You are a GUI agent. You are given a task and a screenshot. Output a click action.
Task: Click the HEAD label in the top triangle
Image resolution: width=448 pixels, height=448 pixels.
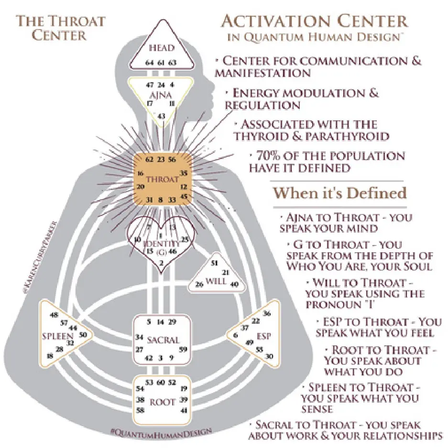click(161, 48)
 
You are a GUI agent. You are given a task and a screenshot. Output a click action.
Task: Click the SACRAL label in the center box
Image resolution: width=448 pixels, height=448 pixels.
click(163, 340)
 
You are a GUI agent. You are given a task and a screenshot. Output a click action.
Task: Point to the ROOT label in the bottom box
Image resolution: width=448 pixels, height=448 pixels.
click(163, 402)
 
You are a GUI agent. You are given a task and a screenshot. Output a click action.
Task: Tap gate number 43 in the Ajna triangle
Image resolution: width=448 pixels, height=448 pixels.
click(162, 116)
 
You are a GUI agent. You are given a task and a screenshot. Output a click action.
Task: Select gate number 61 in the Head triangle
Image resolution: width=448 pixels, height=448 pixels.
click(161, 63)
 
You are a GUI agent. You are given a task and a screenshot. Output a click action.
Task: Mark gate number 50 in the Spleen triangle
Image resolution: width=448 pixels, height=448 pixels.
click(83, 335)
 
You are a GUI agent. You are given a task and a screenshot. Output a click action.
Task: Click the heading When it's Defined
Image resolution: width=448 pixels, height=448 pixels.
click(339, 193)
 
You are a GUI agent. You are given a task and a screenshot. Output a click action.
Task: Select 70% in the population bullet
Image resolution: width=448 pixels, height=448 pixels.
click(271, 156)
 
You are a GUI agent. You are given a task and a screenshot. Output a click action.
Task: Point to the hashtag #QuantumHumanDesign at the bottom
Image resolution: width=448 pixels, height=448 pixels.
click(162, 432)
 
